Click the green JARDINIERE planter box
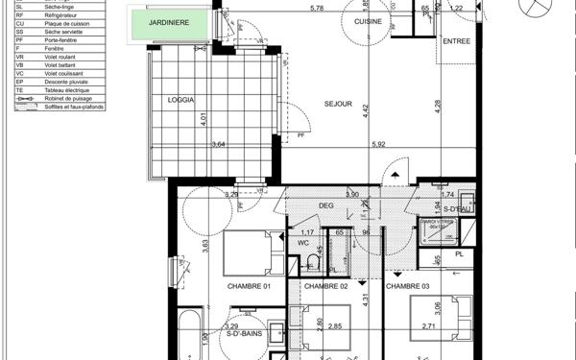tap(174, 23)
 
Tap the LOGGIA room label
tap(180, 99)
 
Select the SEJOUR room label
tap(338, 104)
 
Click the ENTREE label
tap(457, 41)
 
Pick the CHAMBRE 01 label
tap(250, 286)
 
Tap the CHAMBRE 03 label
tap(408, 286)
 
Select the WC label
tap(301, 244)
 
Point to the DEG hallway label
tap(325, 205)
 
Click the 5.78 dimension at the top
tap(317, 9)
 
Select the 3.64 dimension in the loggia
tap(219, 145)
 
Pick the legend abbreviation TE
tap(19, 92)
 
